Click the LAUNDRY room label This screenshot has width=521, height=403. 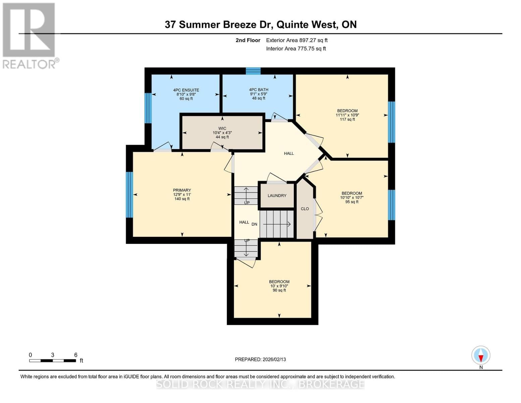277,195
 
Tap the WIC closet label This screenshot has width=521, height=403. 222,128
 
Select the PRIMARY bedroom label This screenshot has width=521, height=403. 182,190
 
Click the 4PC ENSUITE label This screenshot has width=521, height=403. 186,90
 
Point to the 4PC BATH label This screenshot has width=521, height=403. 258,90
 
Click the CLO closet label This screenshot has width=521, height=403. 305,209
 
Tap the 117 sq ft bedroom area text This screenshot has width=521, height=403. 347,119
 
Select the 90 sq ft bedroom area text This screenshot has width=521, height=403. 279,290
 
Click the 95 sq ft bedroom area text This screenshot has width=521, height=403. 352,202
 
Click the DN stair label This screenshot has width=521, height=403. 254,224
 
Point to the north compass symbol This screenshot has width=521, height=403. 481,355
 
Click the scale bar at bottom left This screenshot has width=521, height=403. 52,360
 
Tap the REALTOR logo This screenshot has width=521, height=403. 30,35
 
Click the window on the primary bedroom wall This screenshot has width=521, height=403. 129,194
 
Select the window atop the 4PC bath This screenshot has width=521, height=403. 253,71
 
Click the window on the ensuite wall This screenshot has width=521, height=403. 148,108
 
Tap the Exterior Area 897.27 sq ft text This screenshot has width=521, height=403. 297,40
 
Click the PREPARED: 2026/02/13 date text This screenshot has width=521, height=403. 260,359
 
